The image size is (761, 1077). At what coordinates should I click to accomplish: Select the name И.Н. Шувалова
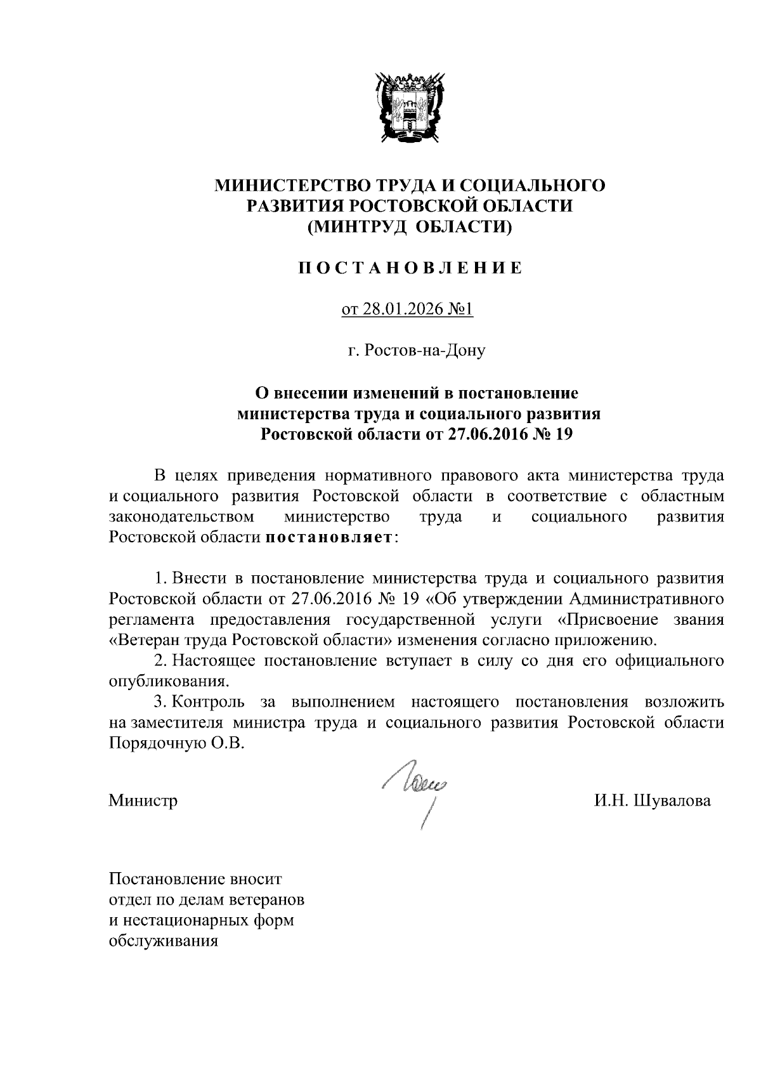click(653, 800)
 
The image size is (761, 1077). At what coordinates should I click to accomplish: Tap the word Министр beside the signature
click(143, 800)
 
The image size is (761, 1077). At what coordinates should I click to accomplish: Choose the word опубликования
click(168, 682)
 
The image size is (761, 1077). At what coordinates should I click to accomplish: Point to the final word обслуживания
click(164, 941)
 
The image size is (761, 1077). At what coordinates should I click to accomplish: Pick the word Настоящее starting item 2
click(214, 661)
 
